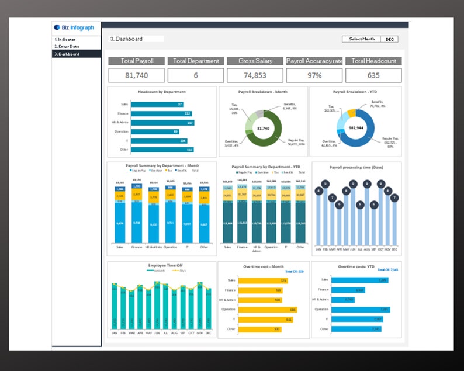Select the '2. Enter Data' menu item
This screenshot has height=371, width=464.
[x=67, y=46]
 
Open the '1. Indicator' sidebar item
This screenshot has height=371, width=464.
[x=67, y=39]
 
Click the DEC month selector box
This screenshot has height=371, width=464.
[x=390, y=39]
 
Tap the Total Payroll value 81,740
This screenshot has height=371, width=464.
[x=137, y=75]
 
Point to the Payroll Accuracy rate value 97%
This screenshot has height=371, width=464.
[x=314, y=75]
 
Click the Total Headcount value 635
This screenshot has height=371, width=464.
[x=373, y=75]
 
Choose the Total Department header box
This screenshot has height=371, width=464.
[x=196, y=61]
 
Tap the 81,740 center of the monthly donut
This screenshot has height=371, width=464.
[x=264, y=129]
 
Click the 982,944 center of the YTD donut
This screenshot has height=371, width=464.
[x=357, y=127]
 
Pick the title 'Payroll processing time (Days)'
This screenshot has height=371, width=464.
[x=356, y=168]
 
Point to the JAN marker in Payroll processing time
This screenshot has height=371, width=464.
[x=318, y=190]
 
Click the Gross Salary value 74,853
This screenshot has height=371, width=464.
[x=255, y=75]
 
